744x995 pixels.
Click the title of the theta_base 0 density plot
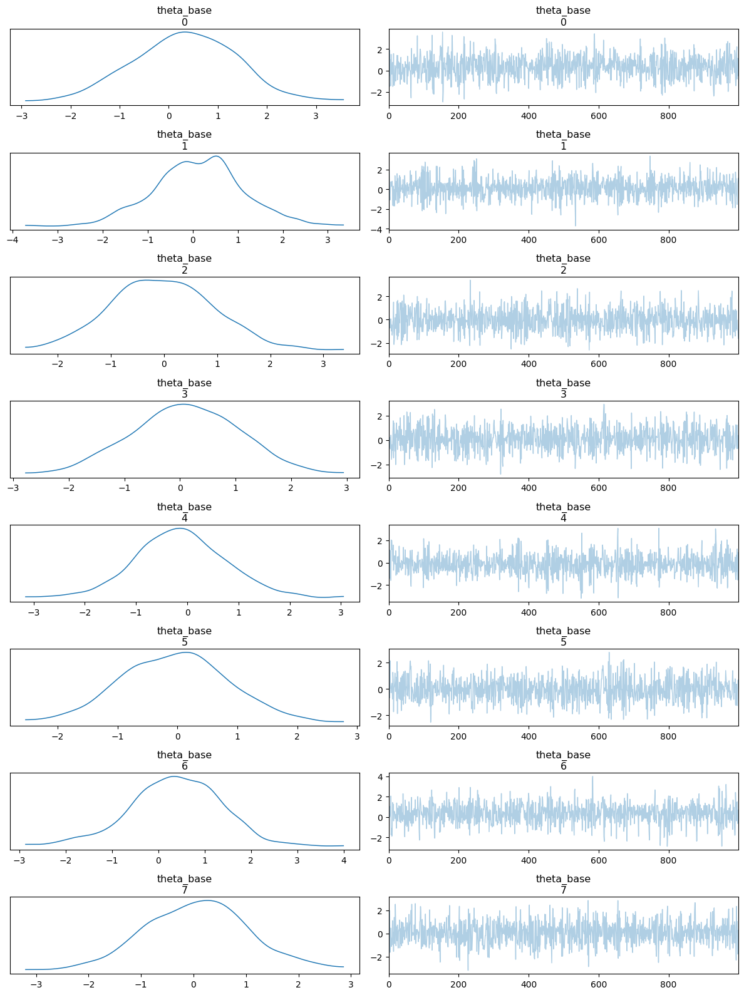click(184, 16)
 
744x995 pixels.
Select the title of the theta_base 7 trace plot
click(563, 884)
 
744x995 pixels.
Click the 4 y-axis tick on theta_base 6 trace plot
click(380, 776)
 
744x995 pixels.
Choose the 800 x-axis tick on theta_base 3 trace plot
click(668, 488)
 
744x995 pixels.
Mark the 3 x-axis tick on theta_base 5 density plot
click(357, 736)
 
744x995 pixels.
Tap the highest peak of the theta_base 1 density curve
click(216, 156)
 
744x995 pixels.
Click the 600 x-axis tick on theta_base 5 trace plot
click(599, 736)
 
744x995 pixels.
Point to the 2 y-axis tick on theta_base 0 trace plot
click(380, 49)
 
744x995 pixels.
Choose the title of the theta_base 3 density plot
click(184, 388)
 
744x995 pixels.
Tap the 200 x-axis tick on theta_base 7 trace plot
click(459, 984)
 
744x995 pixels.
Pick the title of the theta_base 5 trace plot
click(563, 636)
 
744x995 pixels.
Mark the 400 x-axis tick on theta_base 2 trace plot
click(529, 364)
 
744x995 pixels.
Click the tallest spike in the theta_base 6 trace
click(592, 777)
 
